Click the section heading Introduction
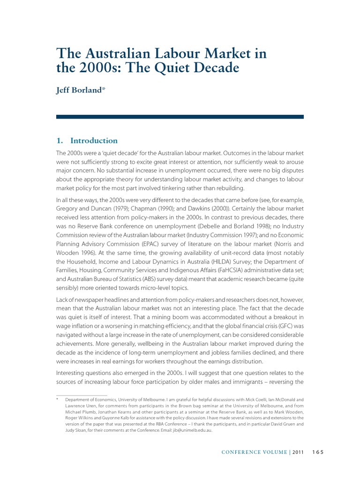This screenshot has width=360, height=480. point(94,141)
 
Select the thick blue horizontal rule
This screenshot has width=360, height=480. point(180,116)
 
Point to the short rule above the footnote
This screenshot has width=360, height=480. point(82,395)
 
